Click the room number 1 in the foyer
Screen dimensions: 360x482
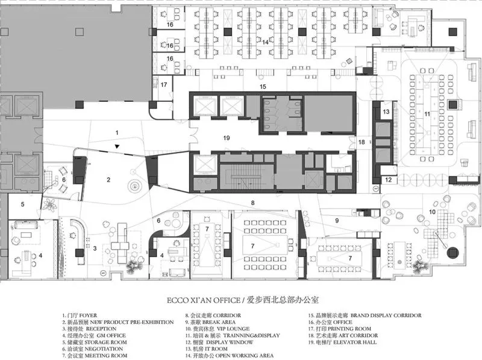point(117,131)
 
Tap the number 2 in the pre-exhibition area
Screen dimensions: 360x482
point(108,179)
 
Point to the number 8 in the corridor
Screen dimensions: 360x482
point(253,202)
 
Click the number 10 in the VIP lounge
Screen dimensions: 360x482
point(432,212)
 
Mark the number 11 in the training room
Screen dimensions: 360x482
point(427,113)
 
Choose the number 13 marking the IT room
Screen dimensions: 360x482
point(387,112)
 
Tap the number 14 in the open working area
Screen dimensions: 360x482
point(265,42)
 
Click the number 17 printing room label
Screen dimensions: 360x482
point(163,85)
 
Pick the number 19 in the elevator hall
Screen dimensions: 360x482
point(226,138)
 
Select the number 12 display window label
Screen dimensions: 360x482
point(389,180)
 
